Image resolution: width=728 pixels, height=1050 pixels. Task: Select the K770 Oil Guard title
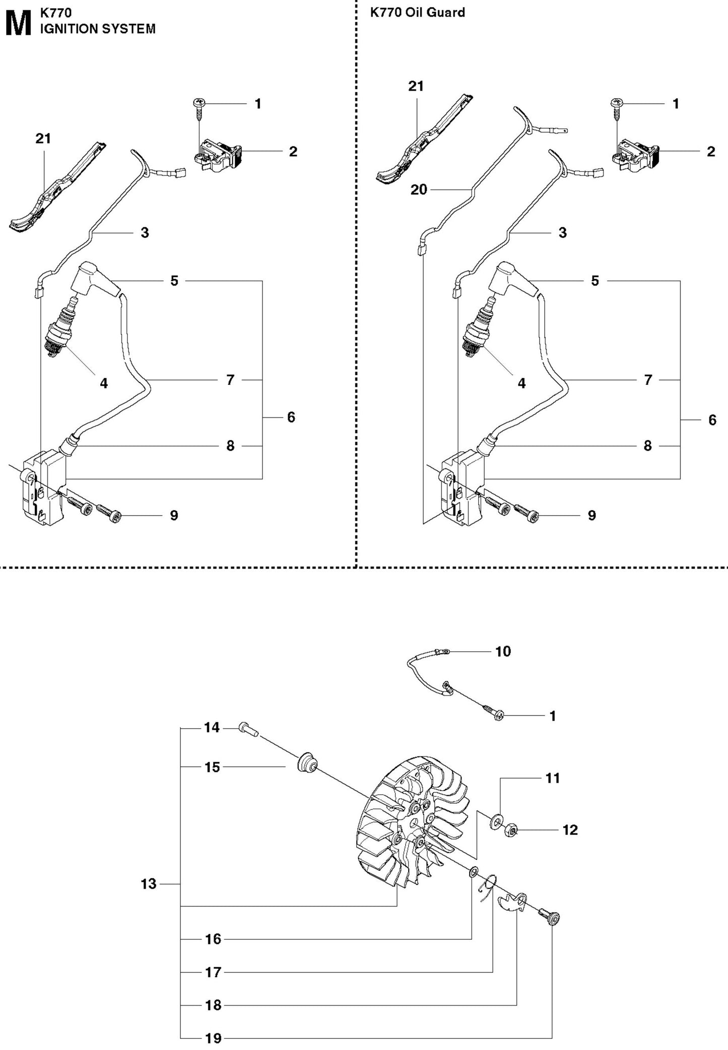tap(417, 13)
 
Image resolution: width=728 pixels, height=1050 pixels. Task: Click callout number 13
tap(149, 884)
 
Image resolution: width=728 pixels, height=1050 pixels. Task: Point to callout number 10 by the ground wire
tap(503, 651)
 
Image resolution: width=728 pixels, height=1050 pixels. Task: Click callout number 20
tap(419, 190)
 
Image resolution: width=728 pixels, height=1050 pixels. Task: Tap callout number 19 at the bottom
tap(213, 1038)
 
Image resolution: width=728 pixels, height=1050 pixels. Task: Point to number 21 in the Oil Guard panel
tap(416, 87)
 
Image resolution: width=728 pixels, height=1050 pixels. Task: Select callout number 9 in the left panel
tap(174, 515)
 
